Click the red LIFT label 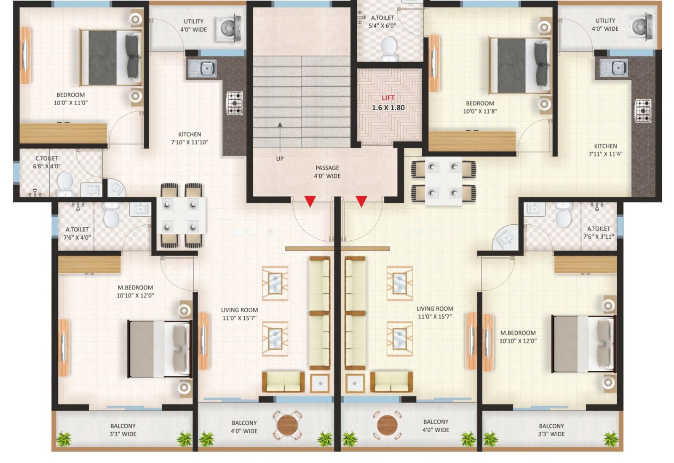click(388, 98)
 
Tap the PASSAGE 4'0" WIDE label click(327, 172)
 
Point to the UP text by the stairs click(280, 159)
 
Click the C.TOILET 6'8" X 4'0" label click(47, 162)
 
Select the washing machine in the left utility click(229, 28)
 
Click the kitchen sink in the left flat click(203, 68)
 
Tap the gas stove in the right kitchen click(643, 111)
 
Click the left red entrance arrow click(310, 201)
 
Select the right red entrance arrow click(361, 201)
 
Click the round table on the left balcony click(288, 425)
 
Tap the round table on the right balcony click(387, 425)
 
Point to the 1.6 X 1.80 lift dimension click(388, 108)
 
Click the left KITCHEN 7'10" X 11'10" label click(190, 138)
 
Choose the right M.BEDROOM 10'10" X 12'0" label click(518, 337)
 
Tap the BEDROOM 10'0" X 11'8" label click(480, 107)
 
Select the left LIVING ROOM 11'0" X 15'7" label click(239, 314)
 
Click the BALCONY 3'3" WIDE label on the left click(123, 430)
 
